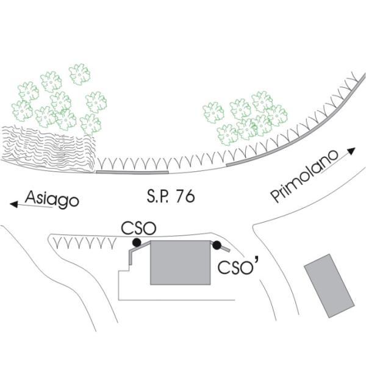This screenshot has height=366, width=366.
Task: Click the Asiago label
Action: point(52,199)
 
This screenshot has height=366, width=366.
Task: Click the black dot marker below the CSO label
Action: point(137,243)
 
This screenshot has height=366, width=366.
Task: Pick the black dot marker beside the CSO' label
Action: point(217,245)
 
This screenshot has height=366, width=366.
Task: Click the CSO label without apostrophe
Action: point(139,229)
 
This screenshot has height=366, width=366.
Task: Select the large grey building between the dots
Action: point(181,262)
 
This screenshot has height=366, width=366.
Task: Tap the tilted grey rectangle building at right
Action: point(329,285)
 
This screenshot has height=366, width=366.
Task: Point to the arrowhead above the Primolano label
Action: point(351,150)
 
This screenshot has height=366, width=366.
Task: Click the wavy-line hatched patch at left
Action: point(48,148)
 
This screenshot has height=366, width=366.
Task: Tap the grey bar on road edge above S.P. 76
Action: point(132,173)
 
